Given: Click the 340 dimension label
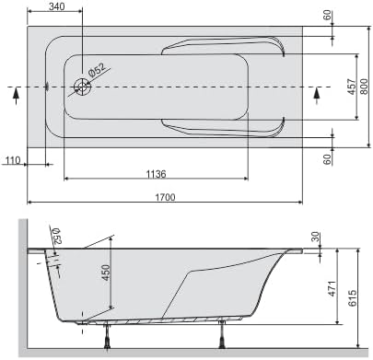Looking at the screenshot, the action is [x=57, y=6].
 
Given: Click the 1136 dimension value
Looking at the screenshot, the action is [x=156, y=174].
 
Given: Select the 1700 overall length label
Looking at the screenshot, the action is [x=165, y=197].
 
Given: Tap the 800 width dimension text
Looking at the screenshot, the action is [x=364, y=87].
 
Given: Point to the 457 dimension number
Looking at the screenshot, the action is [x=351, y=87].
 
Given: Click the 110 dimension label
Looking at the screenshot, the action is [x=13, y=160].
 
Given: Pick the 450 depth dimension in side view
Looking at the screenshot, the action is [x=105, y=273].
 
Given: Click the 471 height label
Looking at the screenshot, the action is [x=332, y=288].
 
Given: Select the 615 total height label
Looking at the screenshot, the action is [x=353, y=297].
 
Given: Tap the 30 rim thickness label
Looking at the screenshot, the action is [x=316, y=237].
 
